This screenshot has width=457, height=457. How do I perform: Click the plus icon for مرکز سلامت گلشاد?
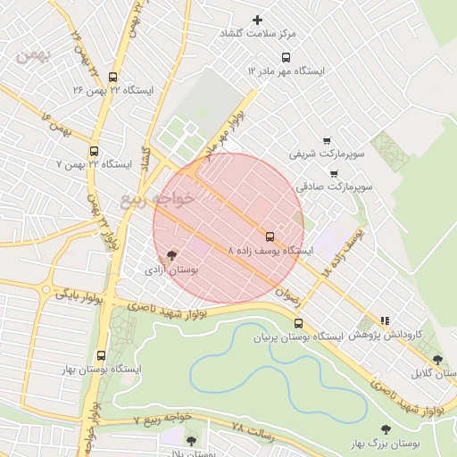259,19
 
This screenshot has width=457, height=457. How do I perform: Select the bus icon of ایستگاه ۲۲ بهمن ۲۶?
112,78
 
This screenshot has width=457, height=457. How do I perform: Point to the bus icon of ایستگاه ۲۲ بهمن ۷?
95,151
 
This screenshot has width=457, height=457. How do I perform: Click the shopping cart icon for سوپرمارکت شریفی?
327,140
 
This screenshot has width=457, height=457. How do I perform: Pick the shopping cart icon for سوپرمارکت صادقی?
333,174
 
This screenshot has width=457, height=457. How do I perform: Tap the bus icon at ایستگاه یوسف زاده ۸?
270,237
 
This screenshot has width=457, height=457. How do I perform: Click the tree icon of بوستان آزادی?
171,255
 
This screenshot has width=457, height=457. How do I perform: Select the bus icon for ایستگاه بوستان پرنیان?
298,323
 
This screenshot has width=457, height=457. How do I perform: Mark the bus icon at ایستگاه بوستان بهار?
100,355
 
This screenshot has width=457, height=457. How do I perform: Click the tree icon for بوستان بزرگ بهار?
386,429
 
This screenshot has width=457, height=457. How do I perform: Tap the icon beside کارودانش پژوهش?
385,320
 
